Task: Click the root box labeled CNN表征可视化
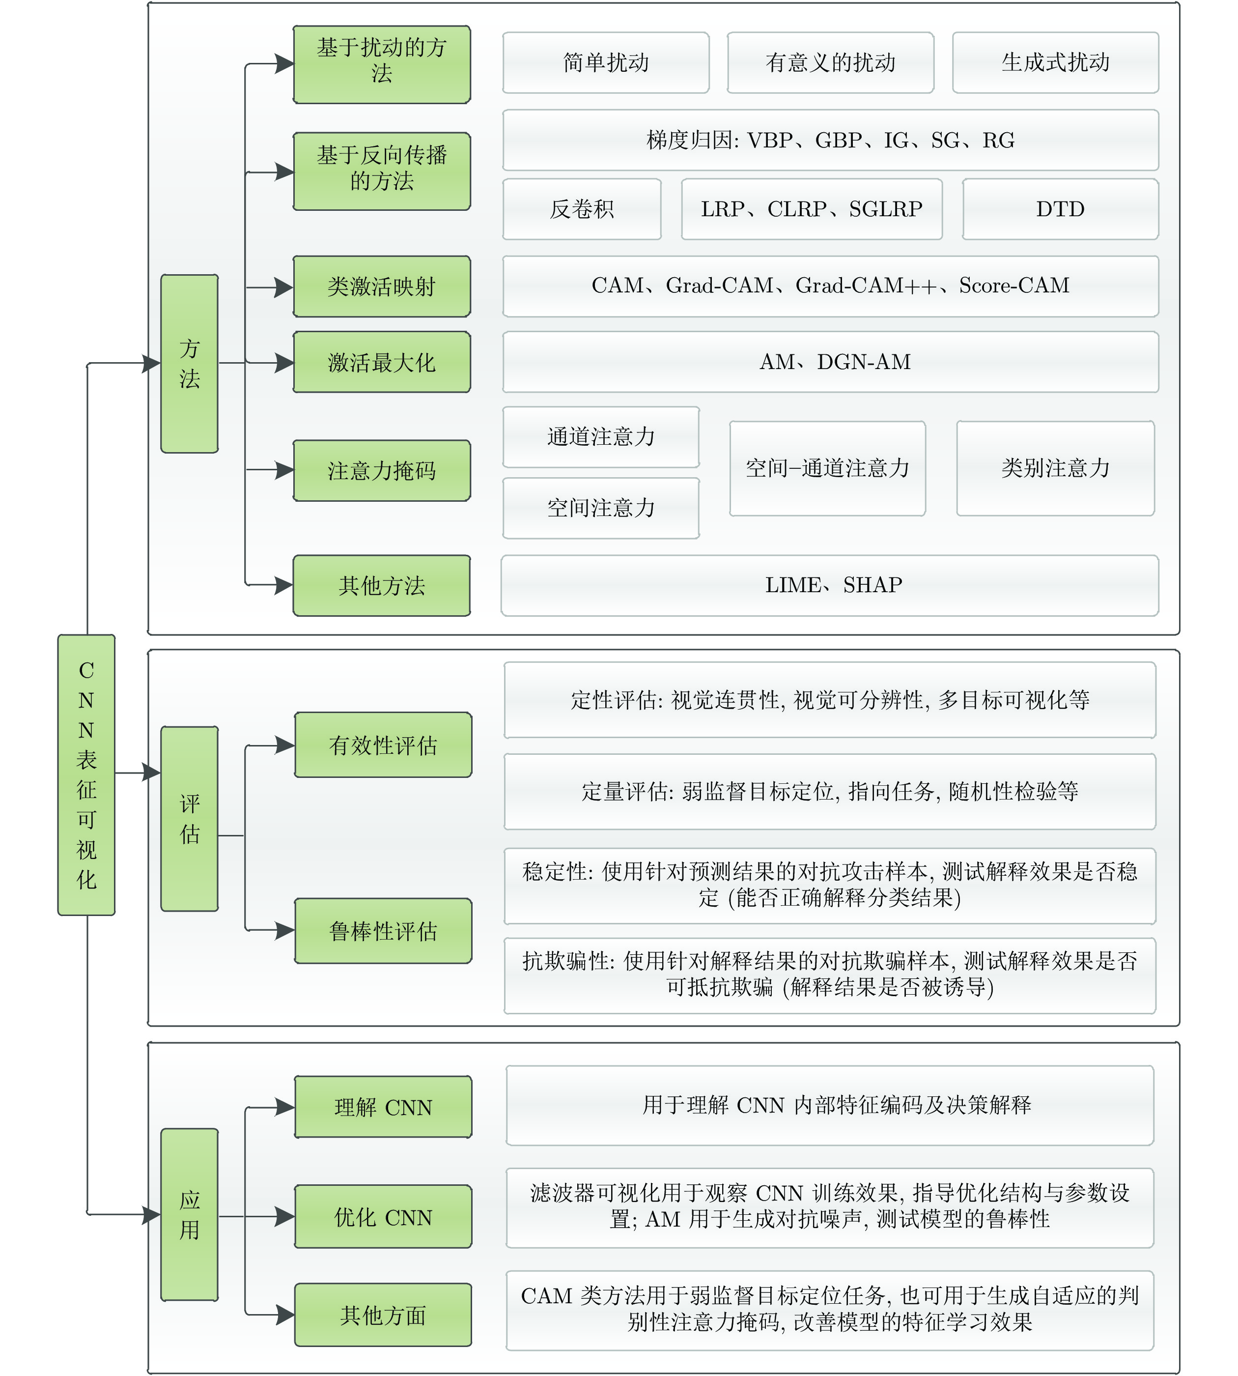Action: click(x=86, y=774)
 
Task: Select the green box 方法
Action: click(x=189, y=363)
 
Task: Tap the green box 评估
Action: click(x=189, y=819)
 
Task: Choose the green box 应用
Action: click(x=189, y=1215)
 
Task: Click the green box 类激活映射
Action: click(x=382, y=287)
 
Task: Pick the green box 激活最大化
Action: click(x=382, y=362)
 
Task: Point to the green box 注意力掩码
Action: click(x=382, y=470)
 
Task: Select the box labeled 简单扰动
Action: click(x=605, y=62)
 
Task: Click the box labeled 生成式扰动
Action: click(x=1055, y=62)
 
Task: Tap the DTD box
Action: click(x=1060, y=209)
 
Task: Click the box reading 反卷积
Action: click(x=582, y=209)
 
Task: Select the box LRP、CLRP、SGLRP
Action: click(x=812, y=209)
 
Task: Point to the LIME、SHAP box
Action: click(x=830, y=585)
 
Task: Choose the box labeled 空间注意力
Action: click(x=601, y=508)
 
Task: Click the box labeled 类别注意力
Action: click(x=1055, y=468)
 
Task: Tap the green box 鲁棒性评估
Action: click(x=383, y=931)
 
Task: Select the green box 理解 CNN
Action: click(x=383, y=1107)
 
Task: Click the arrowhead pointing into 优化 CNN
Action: click(x=284, y=1217)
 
